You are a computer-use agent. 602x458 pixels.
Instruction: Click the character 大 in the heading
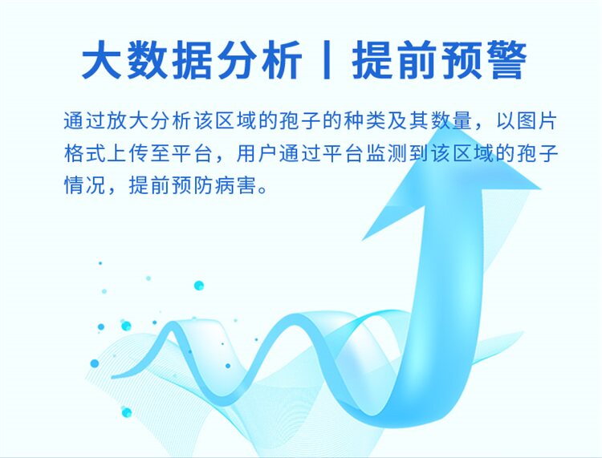(101, 60)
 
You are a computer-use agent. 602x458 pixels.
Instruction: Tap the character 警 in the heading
(506, 60)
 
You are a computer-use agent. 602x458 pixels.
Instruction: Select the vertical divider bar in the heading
(327, 60)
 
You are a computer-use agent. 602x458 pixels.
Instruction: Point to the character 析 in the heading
(281, 60)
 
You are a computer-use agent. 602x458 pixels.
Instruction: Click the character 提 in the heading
(371, 60)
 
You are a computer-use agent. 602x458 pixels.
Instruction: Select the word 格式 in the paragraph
(85, 153)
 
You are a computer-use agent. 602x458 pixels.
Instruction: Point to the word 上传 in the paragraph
(128, 153)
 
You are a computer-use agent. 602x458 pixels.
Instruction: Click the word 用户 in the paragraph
(258, 153)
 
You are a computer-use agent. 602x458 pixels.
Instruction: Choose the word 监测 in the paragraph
(387, 153)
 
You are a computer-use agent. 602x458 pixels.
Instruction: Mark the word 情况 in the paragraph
(85, 185)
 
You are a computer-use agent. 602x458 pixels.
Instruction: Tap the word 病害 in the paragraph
(236, 185)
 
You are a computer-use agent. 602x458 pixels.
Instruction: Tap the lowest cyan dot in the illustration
(126, 413)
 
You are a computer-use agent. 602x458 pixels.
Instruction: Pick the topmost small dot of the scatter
(100, 263)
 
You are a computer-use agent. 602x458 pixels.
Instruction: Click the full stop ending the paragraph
(263, 190)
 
